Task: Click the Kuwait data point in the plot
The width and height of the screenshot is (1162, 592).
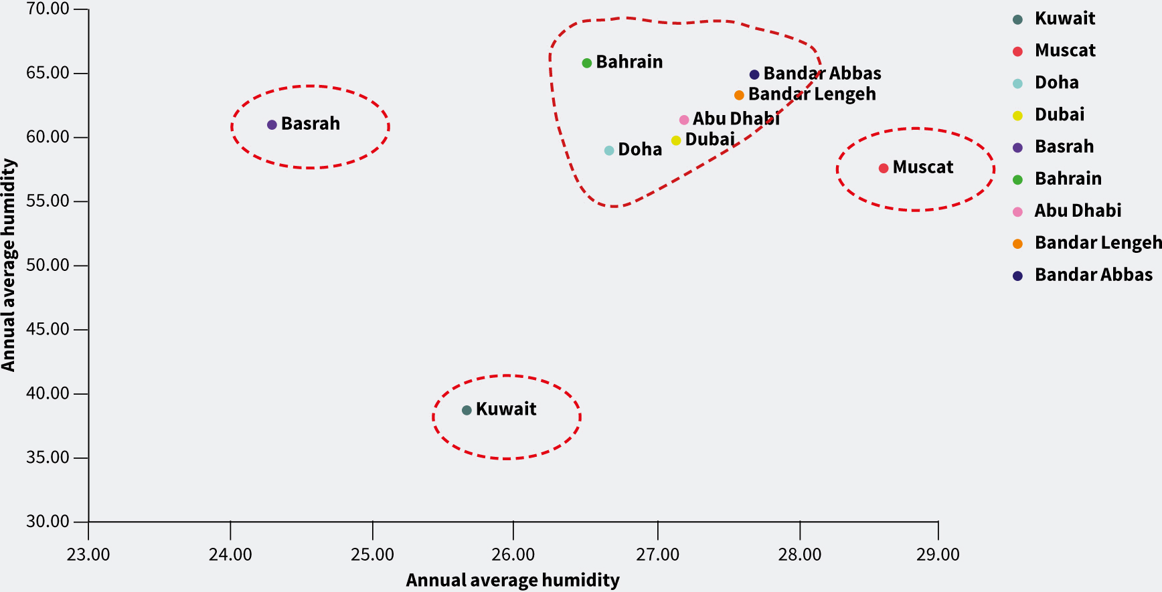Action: pos(467,410)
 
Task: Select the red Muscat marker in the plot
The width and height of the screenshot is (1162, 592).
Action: pos(884,169)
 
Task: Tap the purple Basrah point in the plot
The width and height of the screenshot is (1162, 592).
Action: pos(272,125)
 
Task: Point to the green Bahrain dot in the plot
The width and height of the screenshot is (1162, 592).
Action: pos(587,63)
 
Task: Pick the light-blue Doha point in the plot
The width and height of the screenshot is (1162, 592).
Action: pos(609,151)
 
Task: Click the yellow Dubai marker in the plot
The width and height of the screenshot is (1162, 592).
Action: pos(676,140)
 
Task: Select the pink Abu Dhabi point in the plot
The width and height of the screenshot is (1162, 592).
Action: pos(684,120)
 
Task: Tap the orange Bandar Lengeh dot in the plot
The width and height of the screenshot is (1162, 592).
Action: pos(739,96)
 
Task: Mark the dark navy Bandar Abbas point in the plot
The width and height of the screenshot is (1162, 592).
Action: pos(754,75)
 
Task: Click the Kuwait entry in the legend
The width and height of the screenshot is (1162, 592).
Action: pos(1064,19)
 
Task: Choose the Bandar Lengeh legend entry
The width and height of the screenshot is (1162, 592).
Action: pos(1097,243)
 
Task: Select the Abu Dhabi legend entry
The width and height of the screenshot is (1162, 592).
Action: pos(1078,211)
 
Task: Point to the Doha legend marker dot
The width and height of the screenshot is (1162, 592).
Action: pos(1017,84)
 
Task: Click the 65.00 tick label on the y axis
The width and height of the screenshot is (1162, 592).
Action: pos(48,73)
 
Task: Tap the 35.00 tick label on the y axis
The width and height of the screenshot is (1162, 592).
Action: pos(48,458)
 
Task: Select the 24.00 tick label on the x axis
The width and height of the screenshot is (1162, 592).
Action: pos(230,555)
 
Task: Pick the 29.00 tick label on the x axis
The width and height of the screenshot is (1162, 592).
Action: pos(938,555)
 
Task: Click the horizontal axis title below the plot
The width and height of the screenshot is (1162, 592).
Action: pos(513,580)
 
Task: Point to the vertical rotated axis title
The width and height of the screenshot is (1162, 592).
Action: pos(9,265)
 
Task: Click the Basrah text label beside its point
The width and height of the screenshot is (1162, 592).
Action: pos(311,124)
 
